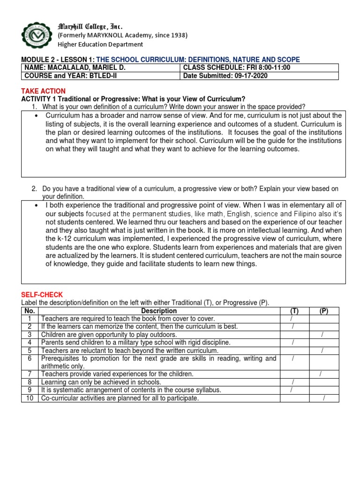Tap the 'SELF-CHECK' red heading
(41, 294)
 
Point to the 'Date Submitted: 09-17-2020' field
(225, 76)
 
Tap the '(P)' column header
(323, 311)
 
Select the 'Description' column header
(159, 311)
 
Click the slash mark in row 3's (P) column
(322, 334)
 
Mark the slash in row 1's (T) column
(292, 319)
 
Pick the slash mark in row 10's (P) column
(323, 398)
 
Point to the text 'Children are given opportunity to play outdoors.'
(109, 334)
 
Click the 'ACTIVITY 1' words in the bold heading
(39, 99)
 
